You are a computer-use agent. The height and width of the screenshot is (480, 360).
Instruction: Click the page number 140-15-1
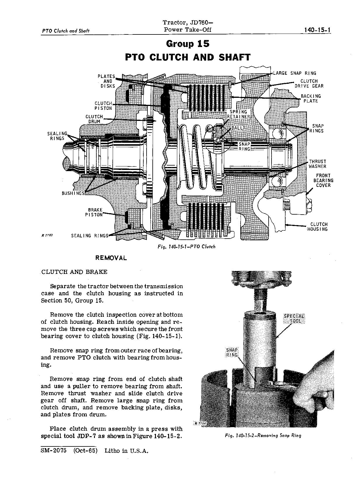(317, 30)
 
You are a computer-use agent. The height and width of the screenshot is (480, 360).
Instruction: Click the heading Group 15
(187, 44)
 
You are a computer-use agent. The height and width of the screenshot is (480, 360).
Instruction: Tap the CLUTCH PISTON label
(103, 106)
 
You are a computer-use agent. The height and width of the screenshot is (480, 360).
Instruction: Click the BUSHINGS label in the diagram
(73, 193)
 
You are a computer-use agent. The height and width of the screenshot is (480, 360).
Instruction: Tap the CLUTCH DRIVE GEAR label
(309, 84)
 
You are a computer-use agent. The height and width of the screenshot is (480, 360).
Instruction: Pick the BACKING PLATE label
(311, 98)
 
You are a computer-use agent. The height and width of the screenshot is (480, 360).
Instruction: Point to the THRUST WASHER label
(317, 164)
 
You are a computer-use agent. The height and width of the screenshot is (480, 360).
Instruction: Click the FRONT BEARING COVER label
(323, 180)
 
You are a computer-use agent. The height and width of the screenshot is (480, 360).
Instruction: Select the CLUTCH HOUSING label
(317, 227)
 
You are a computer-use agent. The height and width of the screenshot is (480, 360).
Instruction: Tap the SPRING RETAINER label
(239, 114)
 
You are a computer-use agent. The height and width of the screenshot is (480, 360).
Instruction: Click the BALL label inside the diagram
(237, 128)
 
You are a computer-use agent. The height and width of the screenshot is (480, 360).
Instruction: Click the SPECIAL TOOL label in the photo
(294, 319)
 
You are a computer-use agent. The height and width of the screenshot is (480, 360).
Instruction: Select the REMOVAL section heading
(111, 258)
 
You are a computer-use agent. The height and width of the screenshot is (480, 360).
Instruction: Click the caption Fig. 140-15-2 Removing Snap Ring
(263, 435)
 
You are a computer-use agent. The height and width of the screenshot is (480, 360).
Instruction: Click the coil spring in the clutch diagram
(199, 158)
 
